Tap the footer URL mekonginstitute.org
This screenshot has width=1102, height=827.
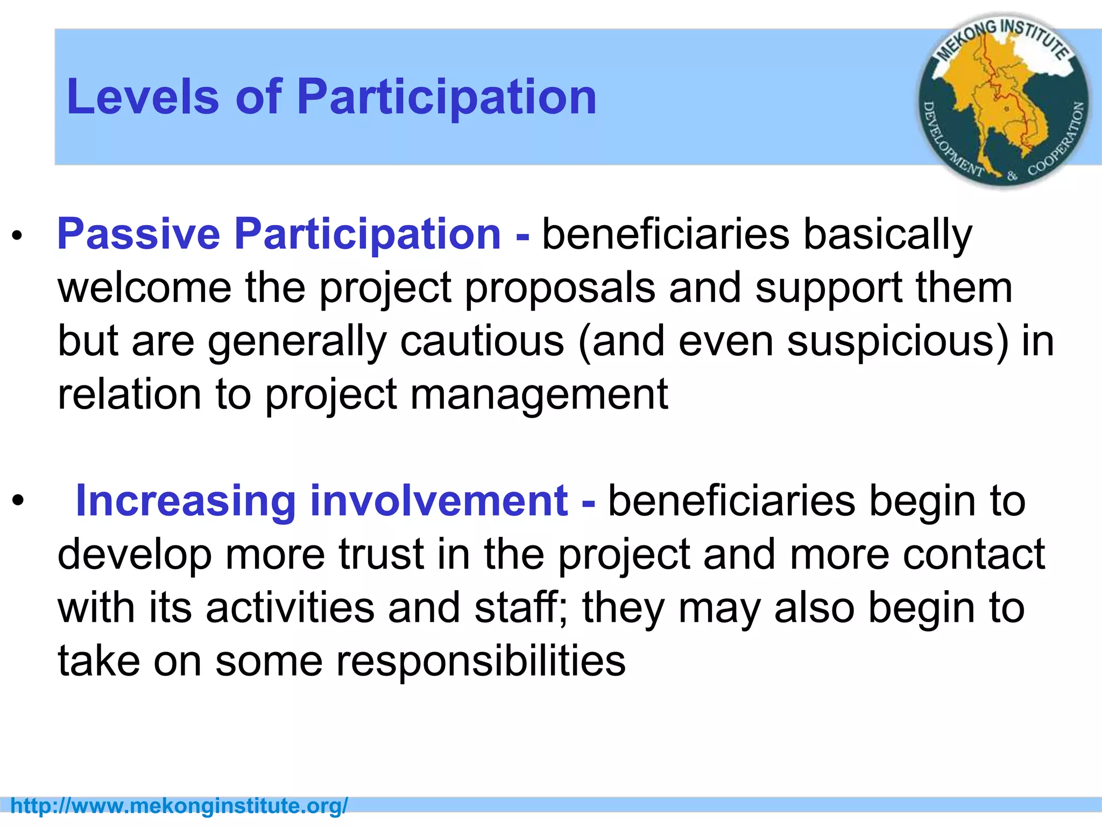tap(179, 806)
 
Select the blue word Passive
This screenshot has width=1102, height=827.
tap(138, 234)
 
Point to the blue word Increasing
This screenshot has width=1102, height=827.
tap(186, 501)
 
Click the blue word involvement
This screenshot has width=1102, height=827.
tap(439, 501)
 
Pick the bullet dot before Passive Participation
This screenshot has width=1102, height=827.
tap(18, 235)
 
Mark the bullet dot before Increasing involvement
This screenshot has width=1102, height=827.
tap(18, 501)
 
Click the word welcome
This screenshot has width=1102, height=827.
tap(144, 288)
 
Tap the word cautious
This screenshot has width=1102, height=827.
tap(482, 341)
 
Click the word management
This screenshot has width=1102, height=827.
tap(539, 395)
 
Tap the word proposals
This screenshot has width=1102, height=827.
tap(560, 288)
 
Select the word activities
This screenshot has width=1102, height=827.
tap(290, 607)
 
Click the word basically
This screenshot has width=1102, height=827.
tap(887, 234)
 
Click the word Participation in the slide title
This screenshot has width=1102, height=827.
tap(447, 97)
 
